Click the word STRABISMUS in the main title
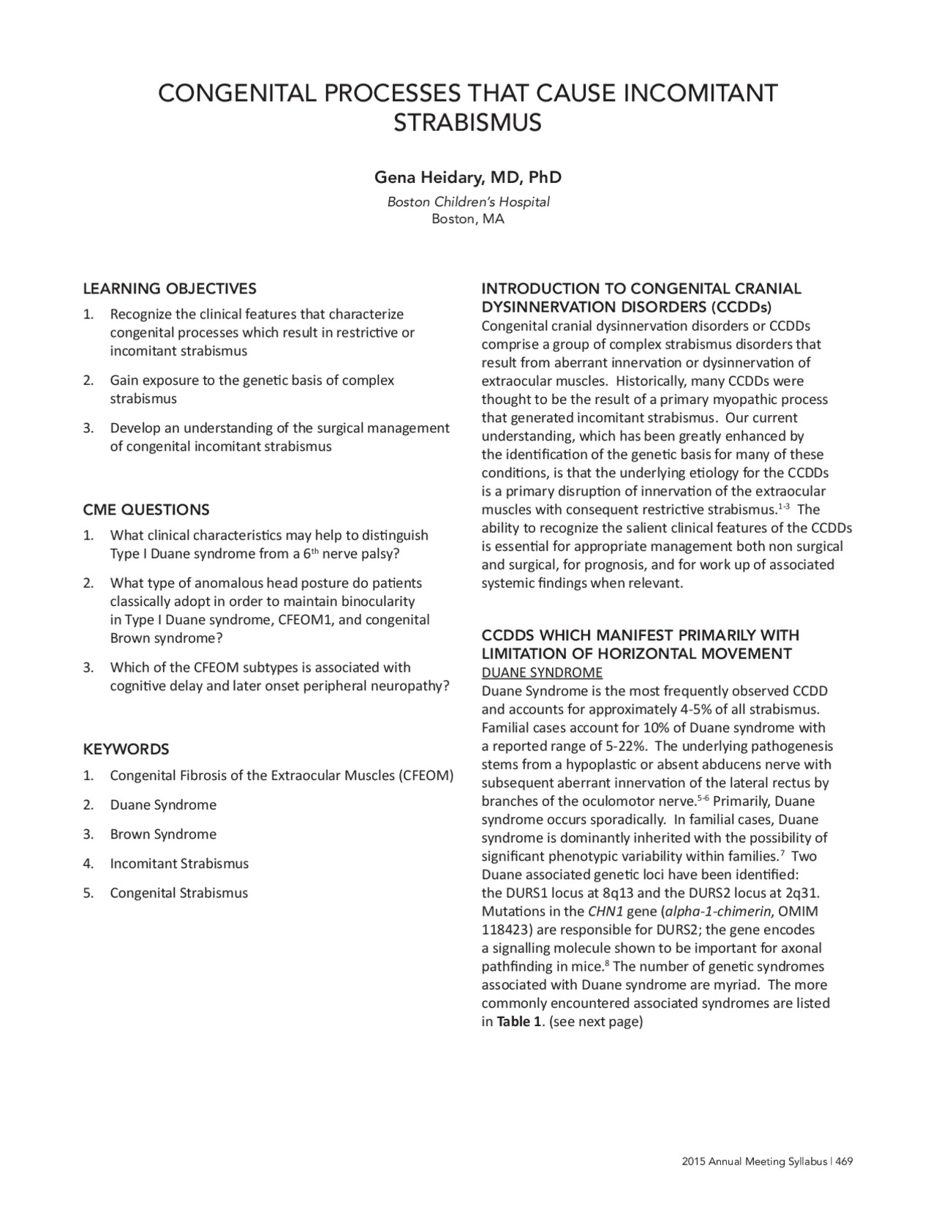point(467,123)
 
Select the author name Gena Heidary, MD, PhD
point(467,178)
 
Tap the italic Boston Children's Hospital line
point(467,202)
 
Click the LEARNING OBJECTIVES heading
point(170,288)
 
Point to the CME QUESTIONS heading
point(146,509)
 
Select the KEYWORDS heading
point(126,749)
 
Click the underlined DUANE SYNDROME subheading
point(541,673)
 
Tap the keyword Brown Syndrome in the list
point(163,834)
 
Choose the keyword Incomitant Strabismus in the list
point(179,864)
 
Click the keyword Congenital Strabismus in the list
point(178,893)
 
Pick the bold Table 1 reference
point(518,1022)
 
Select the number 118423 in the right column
point(505,930)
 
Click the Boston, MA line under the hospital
point(467,219)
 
